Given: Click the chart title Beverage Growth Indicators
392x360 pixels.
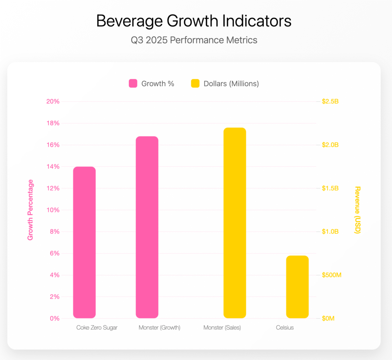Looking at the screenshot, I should (194, 21).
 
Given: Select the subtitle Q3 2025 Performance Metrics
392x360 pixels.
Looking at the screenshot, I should (194, 40).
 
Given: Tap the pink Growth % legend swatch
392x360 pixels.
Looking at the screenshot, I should (133, 83).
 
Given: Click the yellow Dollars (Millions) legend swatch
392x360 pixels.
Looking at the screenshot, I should (195, 83).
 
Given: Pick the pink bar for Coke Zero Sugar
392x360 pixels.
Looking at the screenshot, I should (84, 242).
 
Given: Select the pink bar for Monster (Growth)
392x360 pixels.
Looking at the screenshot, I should (147, 227).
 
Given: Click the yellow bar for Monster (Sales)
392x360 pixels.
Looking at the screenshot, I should (235, 223).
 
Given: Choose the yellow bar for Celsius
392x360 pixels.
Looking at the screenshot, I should (297, 286).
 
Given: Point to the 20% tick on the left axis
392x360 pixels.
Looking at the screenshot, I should (52, 101).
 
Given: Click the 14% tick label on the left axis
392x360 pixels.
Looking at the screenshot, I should (52, 167).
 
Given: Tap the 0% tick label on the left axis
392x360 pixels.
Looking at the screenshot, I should (54, 319).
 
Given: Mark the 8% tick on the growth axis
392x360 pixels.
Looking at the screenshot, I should (54, 232).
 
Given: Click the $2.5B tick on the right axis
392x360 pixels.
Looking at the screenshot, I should (330, 101).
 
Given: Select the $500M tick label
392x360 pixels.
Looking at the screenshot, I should (331, 275).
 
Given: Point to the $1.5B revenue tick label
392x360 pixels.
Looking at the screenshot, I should (330, 188).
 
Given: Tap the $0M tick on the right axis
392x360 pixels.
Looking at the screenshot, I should (328, 319).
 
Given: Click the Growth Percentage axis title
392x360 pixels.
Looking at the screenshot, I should (31, 210).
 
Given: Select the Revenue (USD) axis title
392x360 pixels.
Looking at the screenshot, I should (358, 210).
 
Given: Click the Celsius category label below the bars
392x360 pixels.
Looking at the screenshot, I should (285, 328).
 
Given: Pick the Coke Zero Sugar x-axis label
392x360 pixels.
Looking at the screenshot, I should (97, 328).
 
